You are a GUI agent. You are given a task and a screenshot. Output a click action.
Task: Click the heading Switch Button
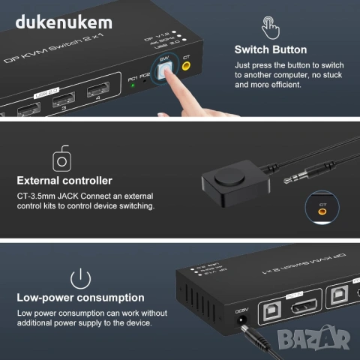coord(270,49)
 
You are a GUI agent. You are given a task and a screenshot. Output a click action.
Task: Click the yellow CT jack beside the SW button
coord(187,66)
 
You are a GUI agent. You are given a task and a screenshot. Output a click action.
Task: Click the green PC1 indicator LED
coord(133,85)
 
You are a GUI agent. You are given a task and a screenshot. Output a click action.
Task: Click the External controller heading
coord(64,181)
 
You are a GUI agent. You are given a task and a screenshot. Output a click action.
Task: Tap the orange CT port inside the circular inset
coord(322,211)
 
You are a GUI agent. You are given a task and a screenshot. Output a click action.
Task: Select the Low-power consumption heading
coord(80,298)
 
